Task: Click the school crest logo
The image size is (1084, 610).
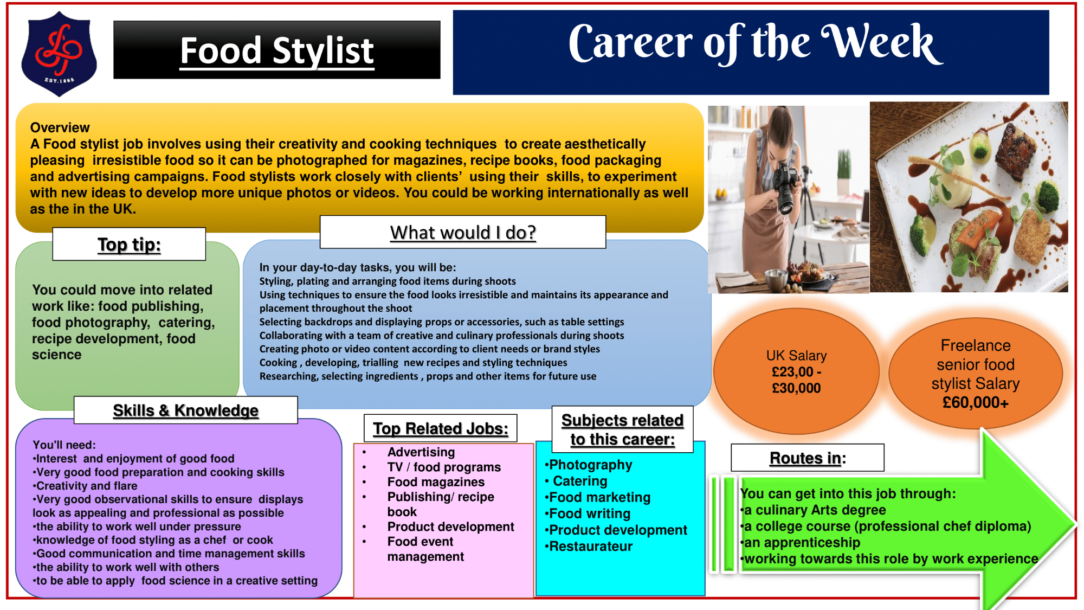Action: [x=59, y=54]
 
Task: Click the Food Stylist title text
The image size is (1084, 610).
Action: [x=277, y=51]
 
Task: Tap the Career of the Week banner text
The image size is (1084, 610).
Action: [x=756, y=43]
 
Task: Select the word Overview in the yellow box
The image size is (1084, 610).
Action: [x=60, y=127]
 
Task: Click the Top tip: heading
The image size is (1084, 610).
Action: [x=129, y=245]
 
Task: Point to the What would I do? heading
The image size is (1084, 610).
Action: [x=463, y=233]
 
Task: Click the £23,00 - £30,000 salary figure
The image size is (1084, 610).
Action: [x=796, y=380]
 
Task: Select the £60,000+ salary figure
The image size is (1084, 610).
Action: [x=976, y=402]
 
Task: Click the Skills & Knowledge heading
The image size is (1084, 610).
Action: [x=185, y=410]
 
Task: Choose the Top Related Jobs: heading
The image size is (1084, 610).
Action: [x=441, y=428]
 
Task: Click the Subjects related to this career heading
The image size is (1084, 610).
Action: [x=622, y=429]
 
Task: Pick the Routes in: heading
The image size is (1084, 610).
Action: [x=808, y=458]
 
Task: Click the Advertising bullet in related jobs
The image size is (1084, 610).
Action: [x=421, y=452]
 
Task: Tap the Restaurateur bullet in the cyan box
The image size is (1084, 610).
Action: [x=589, y=546]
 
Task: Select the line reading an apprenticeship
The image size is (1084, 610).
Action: [x=801, y=543]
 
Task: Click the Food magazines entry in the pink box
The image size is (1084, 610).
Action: [x=436, y=482]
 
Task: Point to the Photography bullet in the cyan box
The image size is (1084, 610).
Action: [x=589, y=465]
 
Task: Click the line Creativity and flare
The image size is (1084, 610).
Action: [x=85, y=486]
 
